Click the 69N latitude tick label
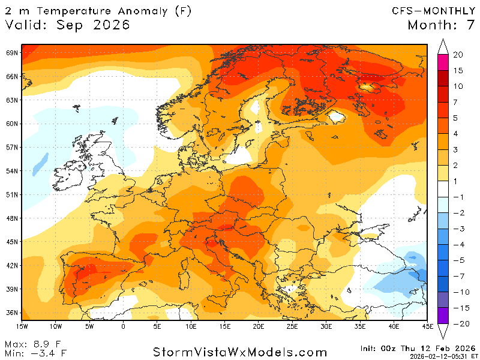[x=11, y=53]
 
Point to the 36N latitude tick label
[x=11, y=313]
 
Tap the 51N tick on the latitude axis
[x=11, y=194]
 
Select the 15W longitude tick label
[x=22, y=326]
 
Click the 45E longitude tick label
[x=427, y=326]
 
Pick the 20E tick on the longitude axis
[x=259, y=326]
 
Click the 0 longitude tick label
[x=123, y=326]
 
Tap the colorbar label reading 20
[x=458, y=55]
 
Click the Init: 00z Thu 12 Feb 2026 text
[x=418, y=348]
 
